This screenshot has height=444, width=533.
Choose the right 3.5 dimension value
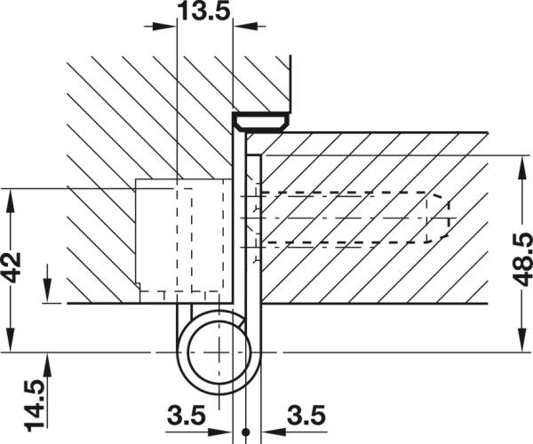[306, 415]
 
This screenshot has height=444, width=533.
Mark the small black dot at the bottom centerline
[247, 432]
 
